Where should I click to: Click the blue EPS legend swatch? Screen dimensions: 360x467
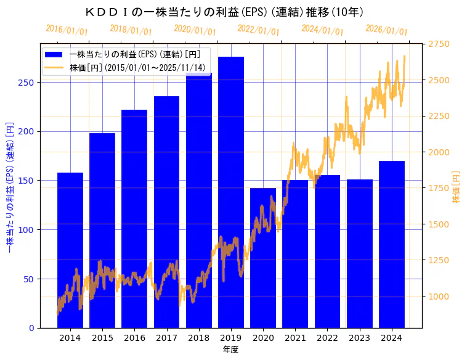click(54, 54)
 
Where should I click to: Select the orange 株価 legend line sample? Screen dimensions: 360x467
click(54, 68)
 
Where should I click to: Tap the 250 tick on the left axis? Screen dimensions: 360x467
click(29, 83)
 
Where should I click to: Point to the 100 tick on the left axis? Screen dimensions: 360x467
click(29, 230)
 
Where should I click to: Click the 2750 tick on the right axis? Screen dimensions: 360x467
click(439, 44)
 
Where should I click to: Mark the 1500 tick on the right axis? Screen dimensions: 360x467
click(439, 224)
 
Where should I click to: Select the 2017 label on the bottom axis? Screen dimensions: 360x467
click(166, 338)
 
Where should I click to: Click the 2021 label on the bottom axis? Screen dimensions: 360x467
click(295, 338)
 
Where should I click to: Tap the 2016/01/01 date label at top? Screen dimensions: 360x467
click(67, 30)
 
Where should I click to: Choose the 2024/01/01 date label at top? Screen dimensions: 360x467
click(322, 30)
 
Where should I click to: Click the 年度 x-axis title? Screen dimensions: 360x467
click(230, 350)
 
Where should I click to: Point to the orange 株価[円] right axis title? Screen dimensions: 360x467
click(457, 187)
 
